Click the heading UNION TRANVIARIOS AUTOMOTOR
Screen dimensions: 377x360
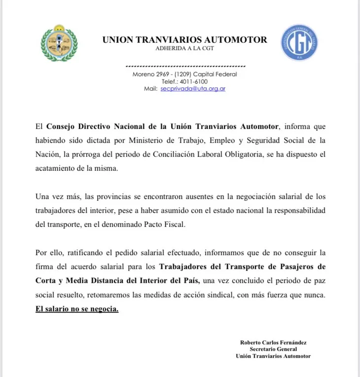[184, 40]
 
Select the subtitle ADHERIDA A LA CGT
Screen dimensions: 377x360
[184, 49]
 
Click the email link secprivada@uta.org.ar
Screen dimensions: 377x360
[193, 89]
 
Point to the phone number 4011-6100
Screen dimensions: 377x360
[195, 81]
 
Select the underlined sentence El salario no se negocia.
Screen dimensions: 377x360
[77, 309]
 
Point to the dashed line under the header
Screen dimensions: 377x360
[186, 66]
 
